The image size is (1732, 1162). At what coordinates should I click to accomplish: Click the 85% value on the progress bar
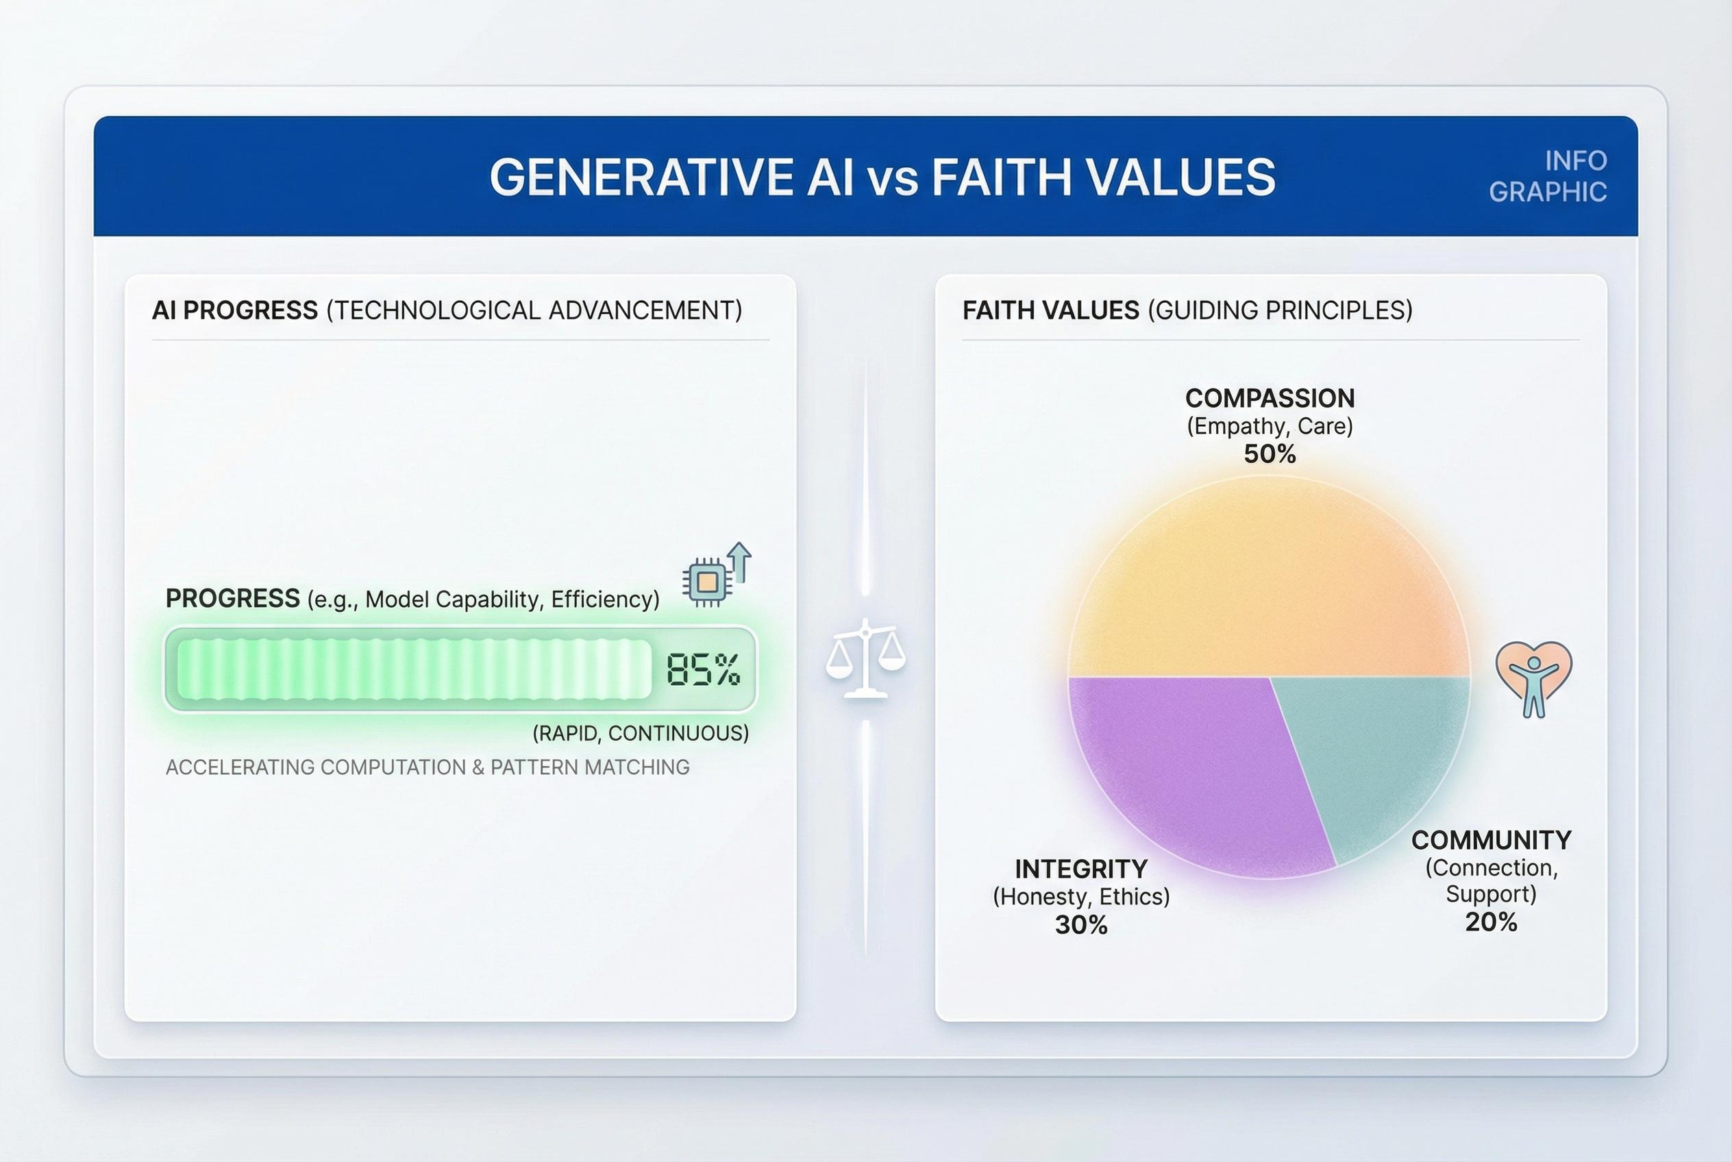702,670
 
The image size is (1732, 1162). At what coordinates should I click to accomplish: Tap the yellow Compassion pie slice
1269,585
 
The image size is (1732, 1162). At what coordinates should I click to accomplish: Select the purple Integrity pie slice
1186,771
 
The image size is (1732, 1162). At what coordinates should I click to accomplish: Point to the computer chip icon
708,582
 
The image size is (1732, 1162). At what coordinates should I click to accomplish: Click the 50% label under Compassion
1270,454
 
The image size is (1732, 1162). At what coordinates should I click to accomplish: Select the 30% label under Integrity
1081,926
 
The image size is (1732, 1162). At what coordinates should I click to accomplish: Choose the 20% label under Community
1491,923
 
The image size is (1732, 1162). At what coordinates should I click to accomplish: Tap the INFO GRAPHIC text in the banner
1549,176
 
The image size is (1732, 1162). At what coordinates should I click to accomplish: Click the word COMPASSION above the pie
1270,399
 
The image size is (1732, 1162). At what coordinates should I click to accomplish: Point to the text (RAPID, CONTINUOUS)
641,734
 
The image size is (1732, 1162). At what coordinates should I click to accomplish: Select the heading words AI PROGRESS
235,310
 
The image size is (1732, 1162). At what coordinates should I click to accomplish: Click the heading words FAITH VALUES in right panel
1050,310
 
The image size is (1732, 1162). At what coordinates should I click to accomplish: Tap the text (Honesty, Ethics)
1081,897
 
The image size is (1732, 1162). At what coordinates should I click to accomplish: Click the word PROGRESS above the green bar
233,598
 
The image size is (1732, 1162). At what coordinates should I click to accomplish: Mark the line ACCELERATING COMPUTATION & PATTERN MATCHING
428,767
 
